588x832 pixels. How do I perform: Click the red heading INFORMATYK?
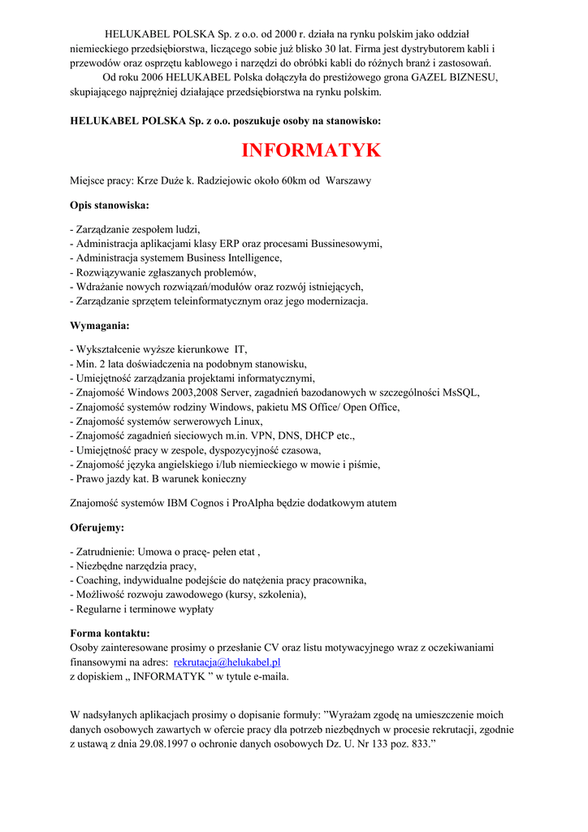click(x=311, y=150)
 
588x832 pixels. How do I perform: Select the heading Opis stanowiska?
click(x=110, y=206)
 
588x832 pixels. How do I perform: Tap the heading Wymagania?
click(x=100, y=326)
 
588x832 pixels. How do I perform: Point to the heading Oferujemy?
click(x=97, y=527)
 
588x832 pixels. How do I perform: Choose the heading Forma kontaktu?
click(x=110, y=633)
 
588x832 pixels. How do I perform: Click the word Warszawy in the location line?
click(x=348, y=180)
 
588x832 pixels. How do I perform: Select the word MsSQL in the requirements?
click(x=460, y=392)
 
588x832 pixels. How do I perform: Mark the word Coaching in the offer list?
click(x=98, y=580)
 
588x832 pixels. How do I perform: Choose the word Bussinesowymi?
click(x=345, y=243)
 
